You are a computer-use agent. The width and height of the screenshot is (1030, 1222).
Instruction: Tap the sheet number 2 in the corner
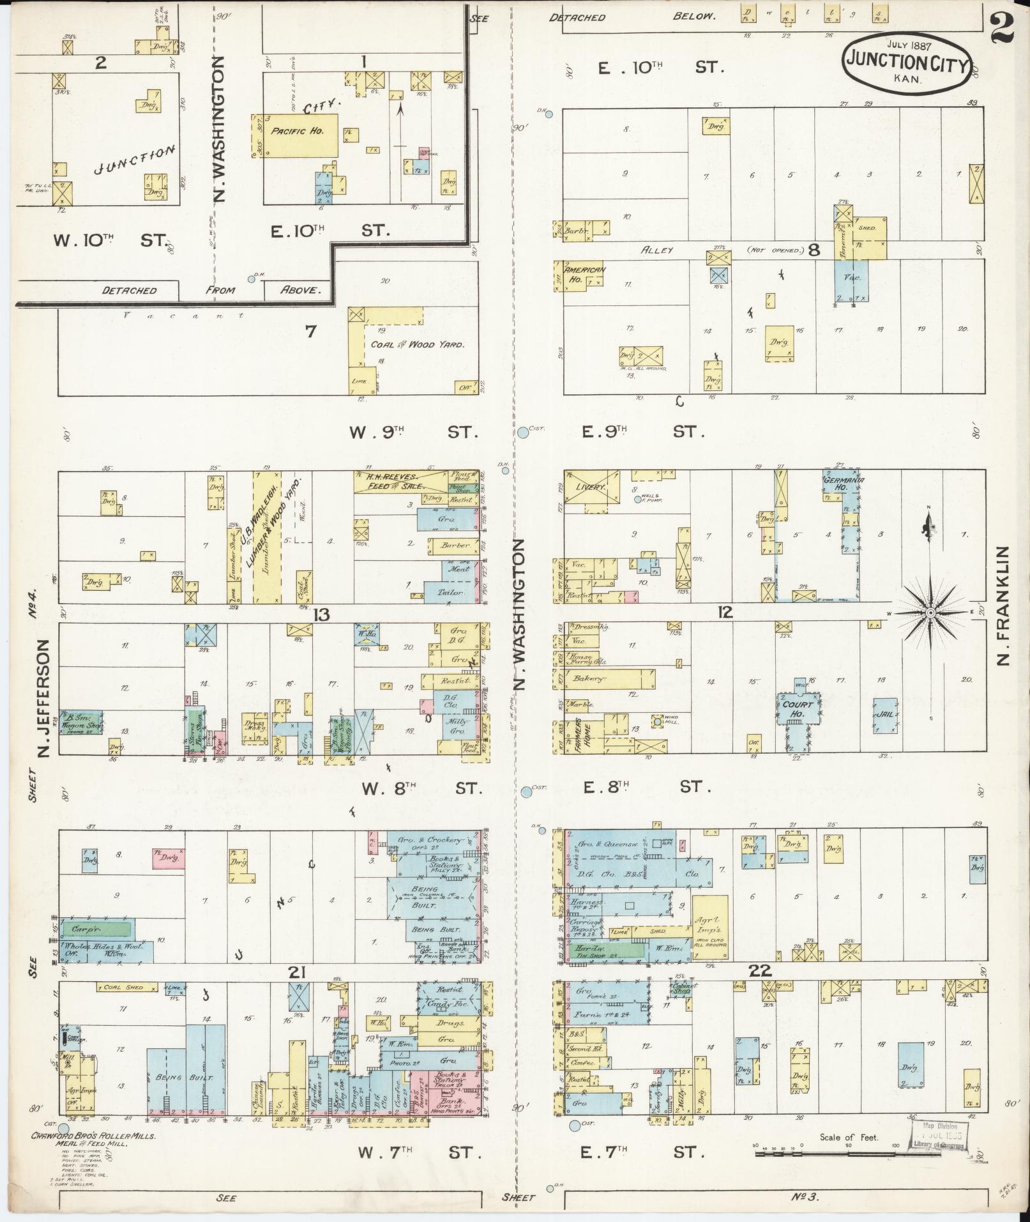1005,29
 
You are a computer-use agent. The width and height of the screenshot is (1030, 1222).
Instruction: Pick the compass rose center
930,613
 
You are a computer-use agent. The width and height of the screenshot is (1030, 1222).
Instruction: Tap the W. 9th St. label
413,432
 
